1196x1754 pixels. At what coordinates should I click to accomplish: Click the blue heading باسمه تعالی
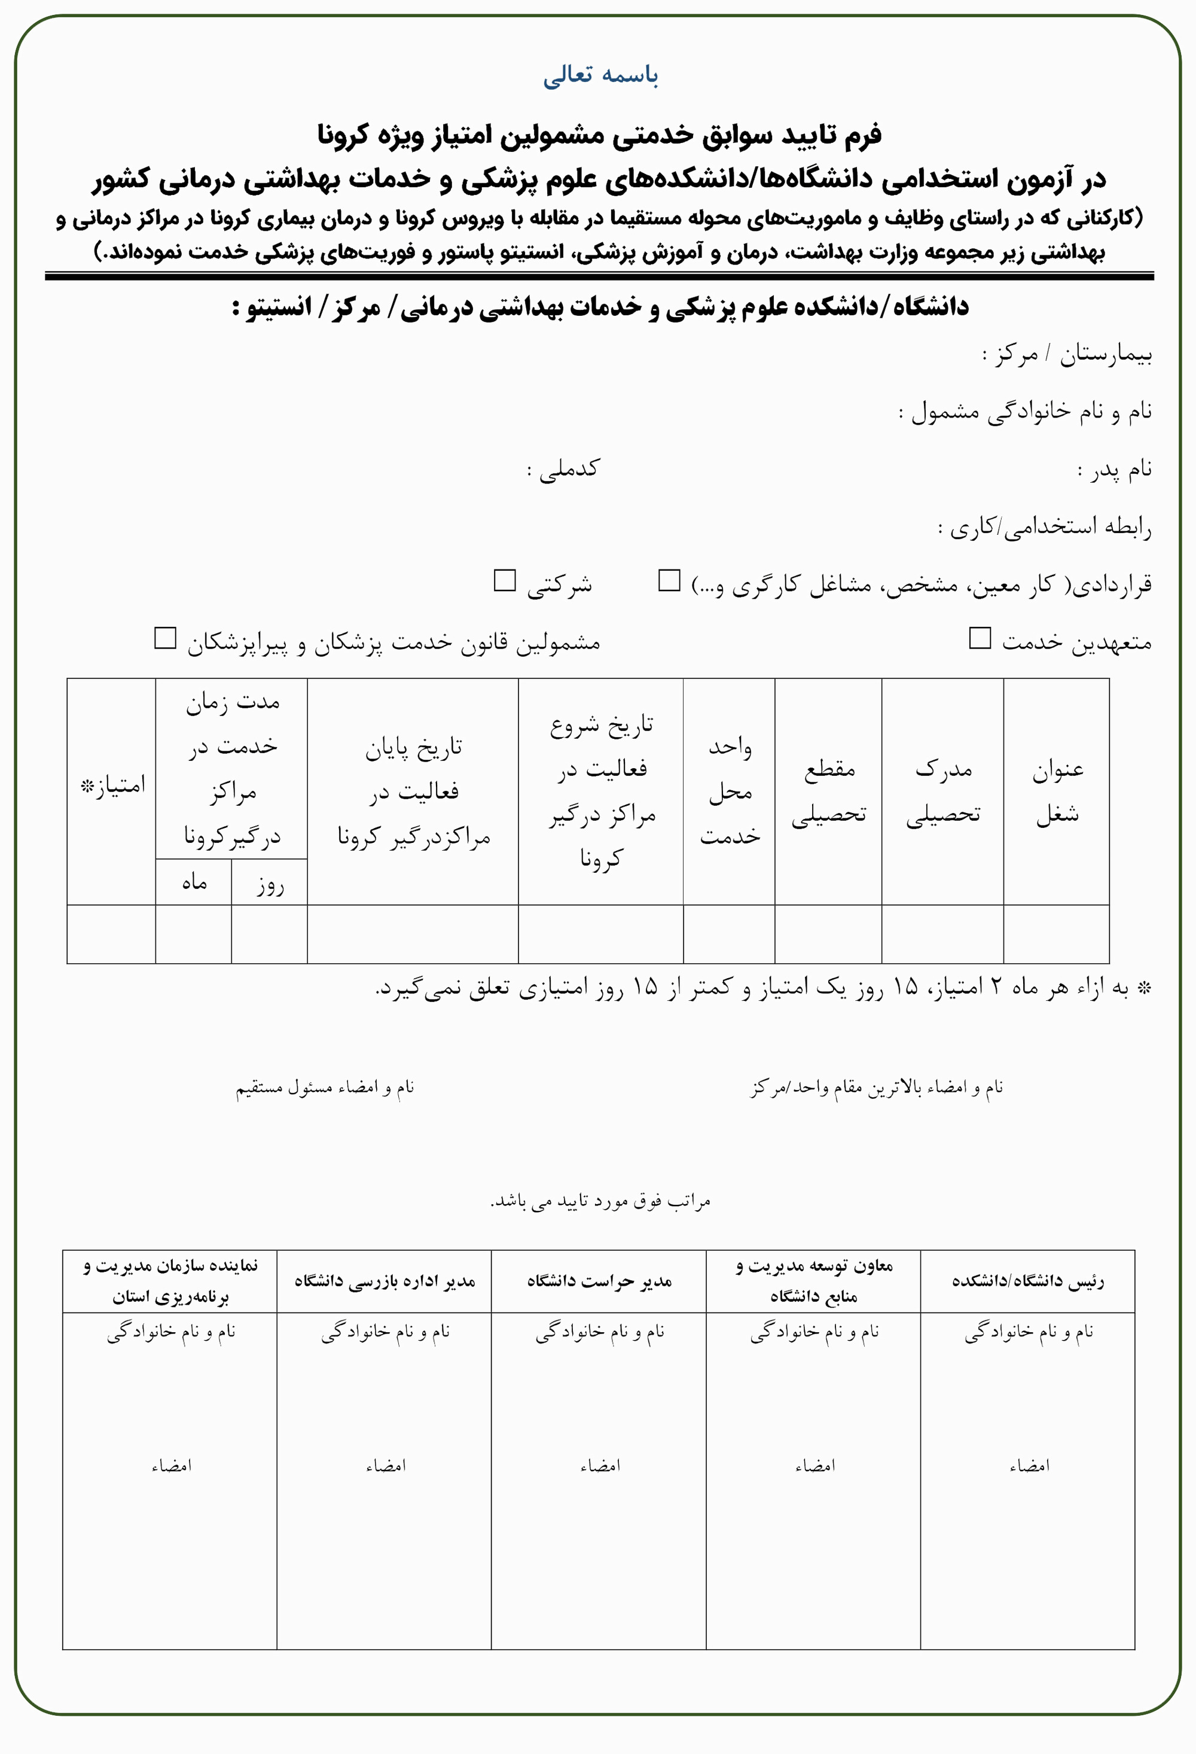pyautogui.click(x=600, y=75)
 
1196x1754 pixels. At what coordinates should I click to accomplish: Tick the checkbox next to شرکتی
pyautogui.click(x=504, y=580)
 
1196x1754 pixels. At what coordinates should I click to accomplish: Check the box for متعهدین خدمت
pyautogui.click(x=980, y=638)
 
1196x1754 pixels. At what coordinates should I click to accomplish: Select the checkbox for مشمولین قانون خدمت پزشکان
pyautogui.click(x=165, y=638)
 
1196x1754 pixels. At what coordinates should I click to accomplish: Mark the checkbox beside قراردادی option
pyautogui.click(x=669, y=580)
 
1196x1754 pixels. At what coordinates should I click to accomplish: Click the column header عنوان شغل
pyautogui.click(x=1057, y=791)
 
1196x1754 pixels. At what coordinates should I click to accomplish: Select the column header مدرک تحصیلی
pyautogui.click(x=943, y=791)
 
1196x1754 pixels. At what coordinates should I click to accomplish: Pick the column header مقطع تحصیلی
pyautogui.click(x=828, y=791)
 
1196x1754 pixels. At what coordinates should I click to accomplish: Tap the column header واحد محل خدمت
pyautogui.click(x=730, y=791)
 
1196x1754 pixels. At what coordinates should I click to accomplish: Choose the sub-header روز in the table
pyautogui.click(x=269, y=884)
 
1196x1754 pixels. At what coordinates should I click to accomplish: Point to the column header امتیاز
pyautogui.click(x=112, y=785)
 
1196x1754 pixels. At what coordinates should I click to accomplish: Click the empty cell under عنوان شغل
pyautogui.click(x=1057, y=934)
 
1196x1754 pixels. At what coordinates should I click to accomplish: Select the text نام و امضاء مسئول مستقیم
pyautogui.click(x=325, y=1088)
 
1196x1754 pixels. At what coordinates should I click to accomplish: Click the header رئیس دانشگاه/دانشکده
pyautogui.click(x=1028, y=1281)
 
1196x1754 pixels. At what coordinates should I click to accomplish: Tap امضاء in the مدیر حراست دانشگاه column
pyautogui.click(x=600, y=1466)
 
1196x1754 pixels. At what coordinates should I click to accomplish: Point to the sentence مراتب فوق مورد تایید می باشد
pyautogui.click(x=600, y=1201)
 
